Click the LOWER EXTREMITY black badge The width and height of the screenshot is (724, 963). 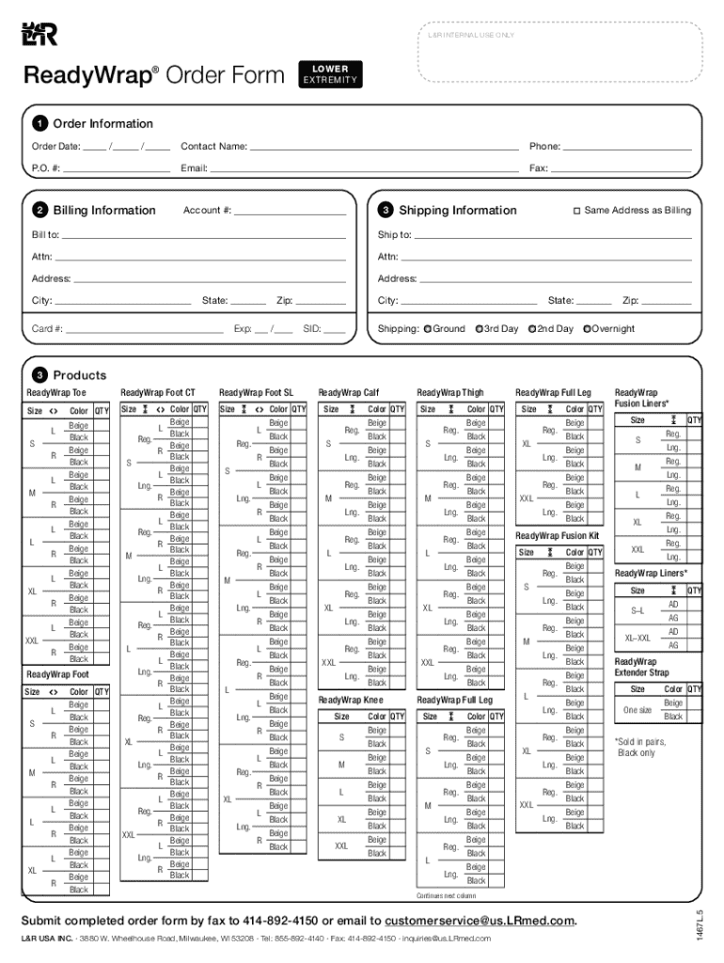(329, 74)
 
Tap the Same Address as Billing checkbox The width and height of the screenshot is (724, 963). (577, 211)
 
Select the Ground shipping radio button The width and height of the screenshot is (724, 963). (428, 329)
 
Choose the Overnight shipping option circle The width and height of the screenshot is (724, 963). (587, 329)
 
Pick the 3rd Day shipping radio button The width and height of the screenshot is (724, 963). (480, 329)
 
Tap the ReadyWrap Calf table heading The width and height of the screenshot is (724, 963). (348, 392)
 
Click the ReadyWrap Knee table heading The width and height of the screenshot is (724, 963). (351, 701)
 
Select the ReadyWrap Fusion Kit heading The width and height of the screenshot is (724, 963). (557, 536)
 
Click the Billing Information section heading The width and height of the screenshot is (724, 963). (104, 211)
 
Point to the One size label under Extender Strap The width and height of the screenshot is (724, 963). (637, 710)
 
